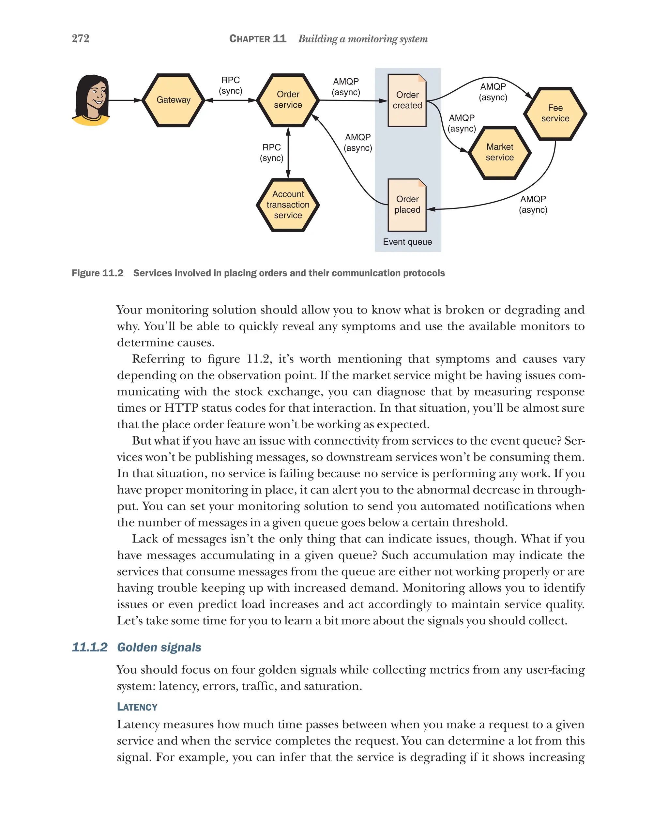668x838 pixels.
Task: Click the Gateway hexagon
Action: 173,100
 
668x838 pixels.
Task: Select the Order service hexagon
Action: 288,100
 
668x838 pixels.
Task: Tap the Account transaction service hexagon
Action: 288,205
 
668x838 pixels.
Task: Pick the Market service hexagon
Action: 500,152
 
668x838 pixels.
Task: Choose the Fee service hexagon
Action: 555,114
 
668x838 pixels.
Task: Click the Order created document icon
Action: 407,100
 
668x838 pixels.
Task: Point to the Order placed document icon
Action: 407,205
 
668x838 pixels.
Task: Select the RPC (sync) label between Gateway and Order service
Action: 230,85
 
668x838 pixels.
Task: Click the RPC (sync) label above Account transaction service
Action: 271,153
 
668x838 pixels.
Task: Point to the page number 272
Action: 81,38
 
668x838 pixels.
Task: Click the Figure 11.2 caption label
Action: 98,273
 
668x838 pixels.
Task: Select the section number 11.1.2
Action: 90,647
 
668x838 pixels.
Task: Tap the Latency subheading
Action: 137,707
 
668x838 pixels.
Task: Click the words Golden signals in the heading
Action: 159,647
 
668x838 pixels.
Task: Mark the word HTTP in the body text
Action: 181,408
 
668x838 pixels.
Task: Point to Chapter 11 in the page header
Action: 258,39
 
